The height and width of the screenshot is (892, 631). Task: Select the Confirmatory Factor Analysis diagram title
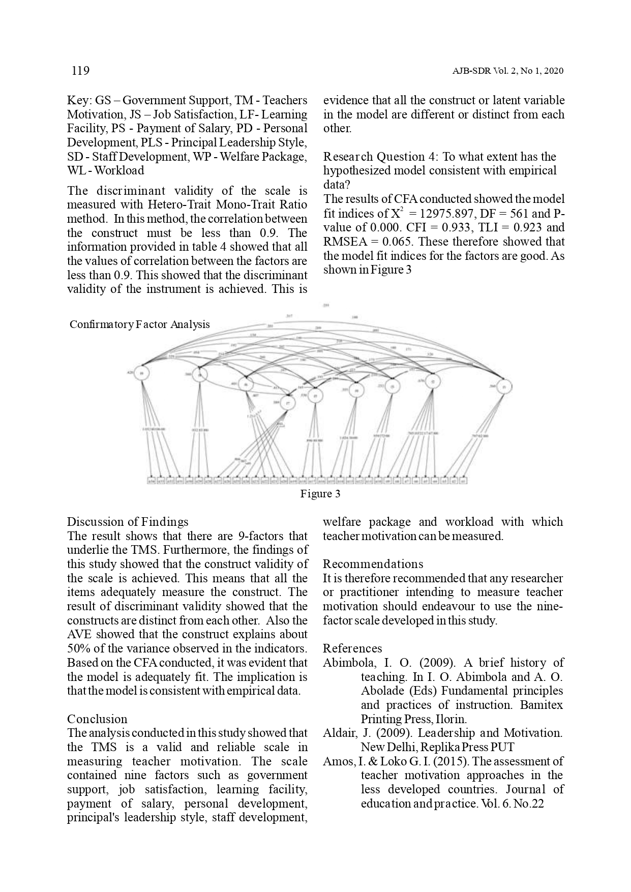[139, 324]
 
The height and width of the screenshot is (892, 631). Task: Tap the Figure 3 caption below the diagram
[320, 494]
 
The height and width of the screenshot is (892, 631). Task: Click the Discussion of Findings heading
[128, 522]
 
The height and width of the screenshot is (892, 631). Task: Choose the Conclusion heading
[97, 719]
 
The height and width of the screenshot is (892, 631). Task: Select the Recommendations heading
[373, 564]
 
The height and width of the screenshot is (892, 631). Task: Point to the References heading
[352, 648]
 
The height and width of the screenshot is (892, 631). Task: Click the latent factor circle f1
[503, 387]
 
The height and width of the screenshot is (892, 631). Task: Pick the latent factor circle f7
[288, 402]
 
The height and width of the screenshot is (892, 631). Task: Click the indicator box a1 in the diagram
[463, 480]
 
